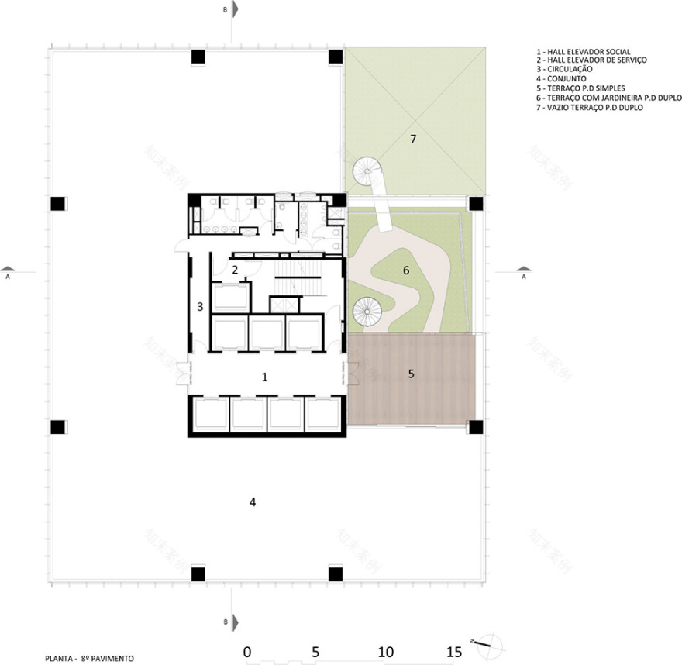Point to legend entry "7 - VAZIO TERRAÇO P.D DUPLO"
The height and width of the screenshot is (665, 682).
click(588, 108)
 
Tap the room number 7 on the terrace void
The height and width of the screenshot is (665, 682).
click(413, 140)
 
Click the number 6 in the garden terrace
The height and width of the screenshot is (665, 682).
click(405, 270)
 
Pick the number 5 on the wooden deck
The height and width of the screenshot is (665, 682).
click(412, 374)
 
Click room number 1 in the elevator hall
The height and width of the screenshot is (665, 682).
click(265, 377)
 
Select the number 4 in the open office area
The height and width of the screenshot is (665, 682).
click(252, 502)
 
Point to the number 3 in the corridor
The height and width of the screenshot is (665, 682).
click(200, 306)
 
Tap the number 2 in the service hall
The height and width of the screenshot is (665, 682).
click(234, 270)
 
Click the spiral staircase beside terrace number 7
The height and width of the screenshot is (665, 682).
click(363, 170)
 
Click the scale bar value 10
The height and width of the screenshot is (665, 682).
click(386, 652)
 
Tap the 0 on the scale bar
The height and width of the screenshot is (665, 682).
click(246, 652)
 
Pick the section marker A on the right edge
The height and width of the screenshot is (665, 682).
click(523, 275)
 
